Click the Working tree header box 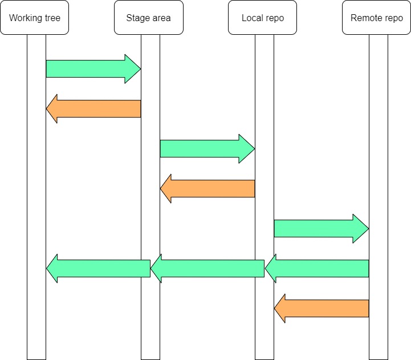coord(35,18)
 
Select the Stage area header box coord(149,18)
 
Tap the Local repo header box coord(263,18)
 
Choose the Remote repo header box coord(377,18)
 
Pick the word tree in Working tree coord(51,18)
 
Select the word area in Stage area coord(161,18)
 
